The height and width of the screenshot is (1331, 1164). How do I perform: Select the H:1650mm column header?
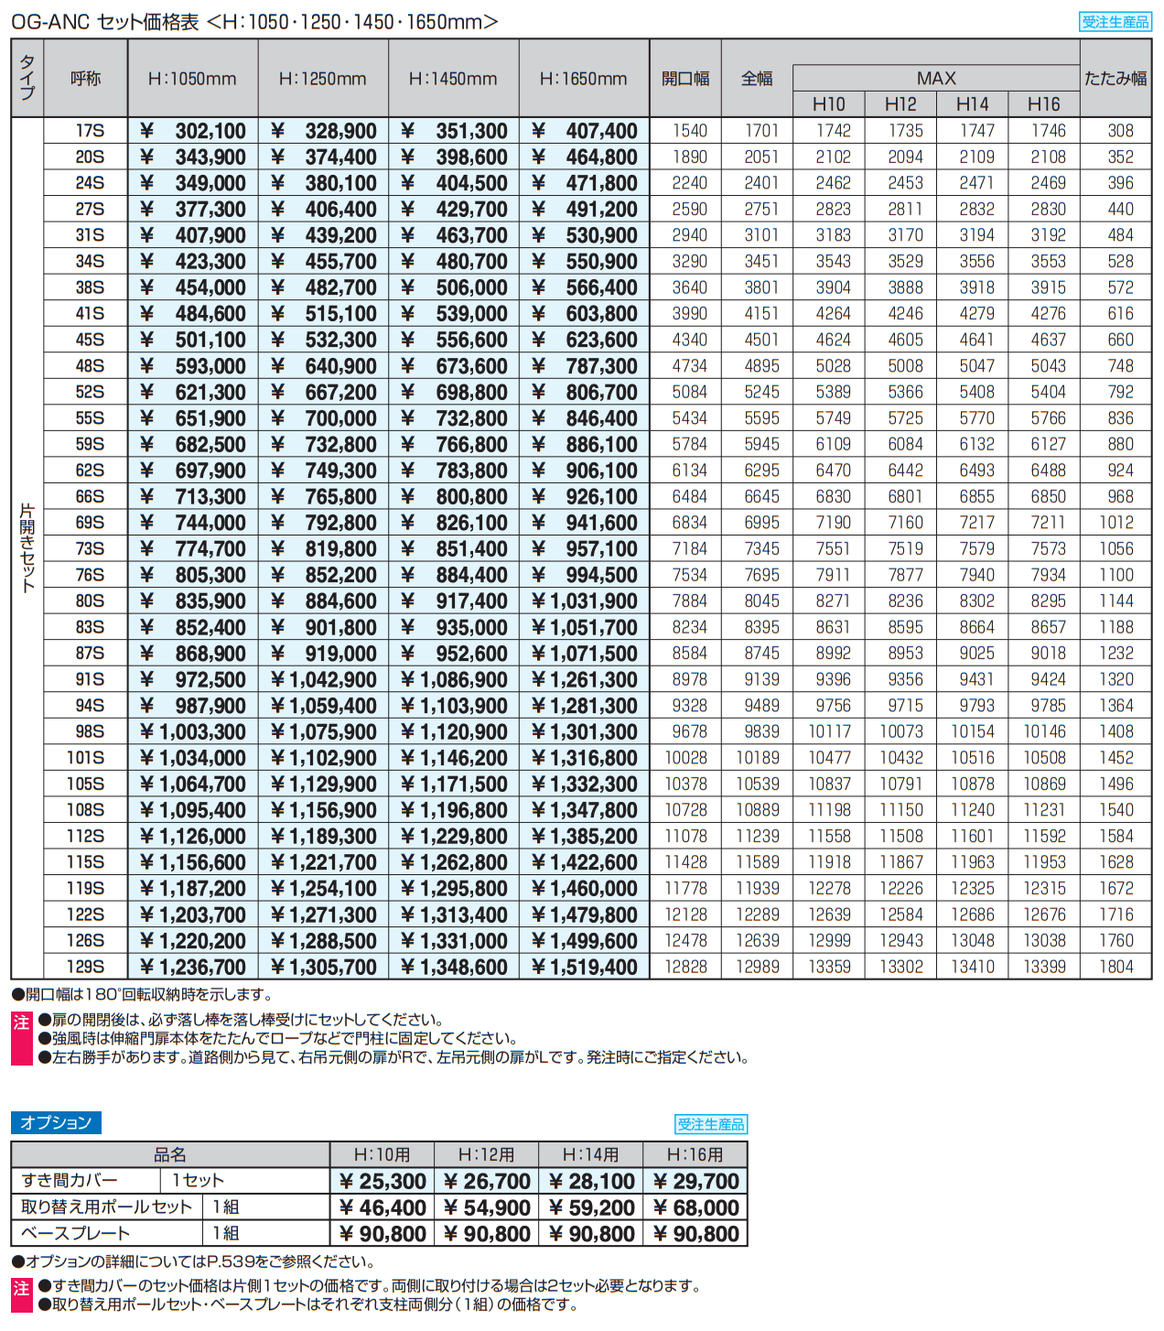(584, 80)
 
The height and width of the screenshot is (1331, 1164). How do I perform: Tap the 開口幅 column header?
(685, 80)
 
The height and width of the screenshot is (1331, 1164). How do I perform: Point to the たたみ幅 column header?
(1115, 80)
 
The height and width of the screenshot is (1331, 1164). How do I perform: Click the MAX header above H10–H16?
(936, 79)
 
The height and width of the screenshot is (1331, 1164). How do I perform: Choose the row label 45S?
(90, 341)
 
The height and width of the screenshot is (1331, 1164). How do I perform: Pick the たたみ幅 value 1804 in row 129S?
(1115, 968)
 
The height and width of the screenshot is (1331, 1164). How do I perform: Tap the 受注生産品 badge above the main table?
(1115, 22)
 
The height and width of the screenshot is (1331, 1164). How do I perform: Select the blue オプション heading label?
(56, 1123)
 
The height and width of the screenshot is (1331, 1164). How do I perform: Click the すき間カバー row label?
(70, 1182)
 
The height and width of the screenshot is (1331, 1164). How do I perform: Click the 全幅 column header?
(757, 80)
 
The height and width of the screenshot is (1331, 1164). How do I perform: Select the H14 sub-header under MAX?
(972, 104)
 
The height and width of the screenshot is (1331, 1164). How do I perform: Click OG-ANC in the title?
(50, 22)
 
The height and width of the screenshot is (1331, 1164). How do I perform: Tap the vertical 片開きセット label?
(27, 547)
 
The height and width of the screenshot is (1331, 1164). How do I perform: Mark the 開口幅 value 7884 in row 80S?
(689, 601)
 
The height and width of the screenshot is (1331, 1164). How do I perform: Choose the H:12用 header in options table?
(486, 1155)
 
